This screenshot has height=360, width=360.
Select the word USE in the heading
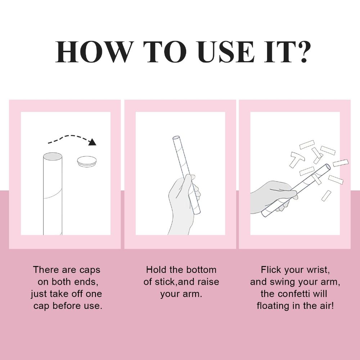coord(226,52)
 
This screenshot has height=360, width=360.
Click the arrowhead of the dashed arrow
coord(93,142)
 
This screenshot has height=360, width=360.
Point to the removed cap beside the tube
coord(86,161)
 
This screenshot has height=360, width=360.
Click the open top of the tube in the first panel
coord(53,157)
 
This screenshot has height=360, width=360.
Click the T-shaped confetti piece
coord(297,159)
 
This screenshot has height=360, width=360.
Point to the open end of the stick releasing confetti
coord(328,167)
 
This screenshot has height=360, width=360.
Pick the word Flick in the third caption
coord(271,270)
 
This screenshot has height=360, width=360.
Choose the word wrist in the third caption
coord(319,270)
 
